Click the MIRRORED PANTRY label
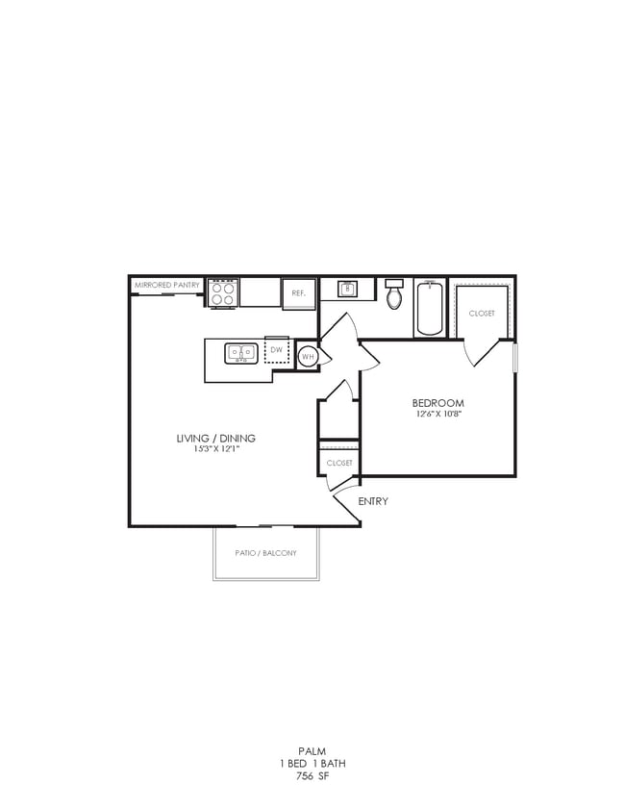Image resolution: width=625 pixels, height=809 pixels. tap(166, 285)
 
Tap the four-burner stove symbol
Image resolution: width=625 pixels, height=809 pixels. tap(223, 292)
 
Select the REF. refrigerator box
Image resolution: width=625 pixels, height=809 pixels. tap(298, 292)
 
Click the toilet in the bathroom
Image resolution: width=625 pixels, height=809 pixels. tap(394, 294)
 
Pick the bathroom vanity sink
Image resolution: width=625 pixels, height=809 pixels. tap(348, 288)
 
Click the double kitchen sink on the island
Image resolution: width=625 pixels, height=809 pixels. tap(240, 353)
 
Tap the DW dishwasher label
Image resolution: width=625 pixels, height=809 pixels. tap(277, 350)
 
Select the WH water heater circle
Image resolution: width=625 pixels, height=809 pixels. tap(308, 356)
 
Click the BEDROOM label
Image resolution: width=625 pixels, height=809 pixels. tap(437, 403)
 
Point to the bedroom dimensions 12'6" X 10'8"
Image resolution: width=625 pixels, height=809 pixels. tap(437, 415)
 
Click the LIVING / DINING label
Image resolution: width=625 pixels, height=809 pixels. tap(215, 439)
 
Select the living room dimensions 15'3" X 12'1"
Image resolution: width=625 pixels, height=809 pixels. tap(215, 450)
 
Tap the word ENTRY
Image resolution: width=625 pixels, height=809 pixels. tap(373, 502)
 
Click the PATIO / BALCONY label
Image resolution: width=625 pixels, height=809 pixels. tap(265, 553)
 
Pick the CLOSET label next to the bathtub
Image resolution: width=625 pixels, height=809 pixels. tap(482, 314)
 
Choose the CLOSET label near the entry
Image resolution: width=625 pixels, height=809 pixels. tap(339, 463)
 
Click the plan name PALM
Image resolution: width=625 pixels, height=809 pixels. tap(312, 751)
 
